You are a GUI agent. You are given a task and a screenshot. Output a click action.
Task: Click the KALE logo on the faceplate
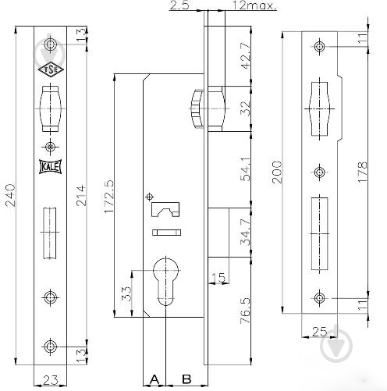51,166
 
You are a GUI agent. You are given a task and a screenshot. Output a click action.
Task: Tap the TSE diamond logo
51,69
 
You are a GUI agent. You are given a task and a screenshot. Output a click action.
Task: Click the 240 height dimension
11,195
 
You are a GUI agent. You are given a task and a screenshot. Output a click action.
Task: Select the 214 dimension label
81,195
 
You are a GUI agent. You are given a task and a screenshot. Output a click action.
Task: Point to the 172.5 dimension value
109,196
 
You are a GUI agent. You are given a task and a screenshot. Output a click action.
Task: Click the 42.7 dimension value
246,55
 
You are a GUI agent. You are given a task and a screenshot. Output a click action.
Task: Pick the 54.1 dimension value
246,169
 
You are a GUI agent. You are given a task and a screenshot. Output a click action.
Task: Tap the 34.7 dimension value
246,232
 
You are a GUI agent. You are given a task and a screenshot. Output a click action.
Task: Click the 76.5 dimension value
246,311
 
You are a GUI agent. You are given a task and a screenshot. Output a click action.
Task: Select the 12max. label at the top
254,5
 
